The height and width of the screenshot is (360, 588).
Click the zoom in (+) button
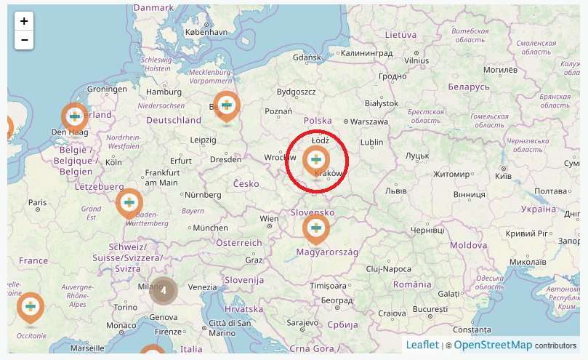point(24,22)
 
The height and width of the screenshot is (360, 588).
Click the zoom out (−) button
point(24,40)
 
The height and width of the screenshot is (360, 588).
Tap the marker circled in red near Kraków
point(316,160)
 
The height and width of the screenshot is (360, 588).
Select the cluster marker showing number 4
point(164,290)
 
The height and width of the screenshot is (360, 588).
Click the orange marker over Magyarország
point(316,230)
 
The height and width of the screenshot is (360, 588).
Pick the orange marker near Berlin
point(227,106)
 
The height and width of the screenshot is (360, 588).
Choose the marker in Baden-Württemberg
point(129,201)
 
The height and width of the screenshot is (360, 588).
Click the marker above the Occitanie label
point(30,307)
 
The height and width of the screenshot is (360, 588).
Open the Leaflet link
point(422,345)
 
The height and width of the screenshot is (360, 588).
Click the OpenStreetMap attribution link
point(493,345)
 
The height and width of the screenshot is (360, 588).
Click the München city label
point(210,228)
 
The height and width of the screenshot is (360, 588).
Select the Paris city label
point(37,202)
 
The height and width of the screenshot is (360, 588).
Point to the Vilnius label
point(417,61)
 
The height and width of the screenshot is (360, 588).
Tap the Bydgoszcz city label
point(297,92)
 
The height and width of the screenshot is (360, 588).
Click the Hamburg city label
point(164,92)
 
